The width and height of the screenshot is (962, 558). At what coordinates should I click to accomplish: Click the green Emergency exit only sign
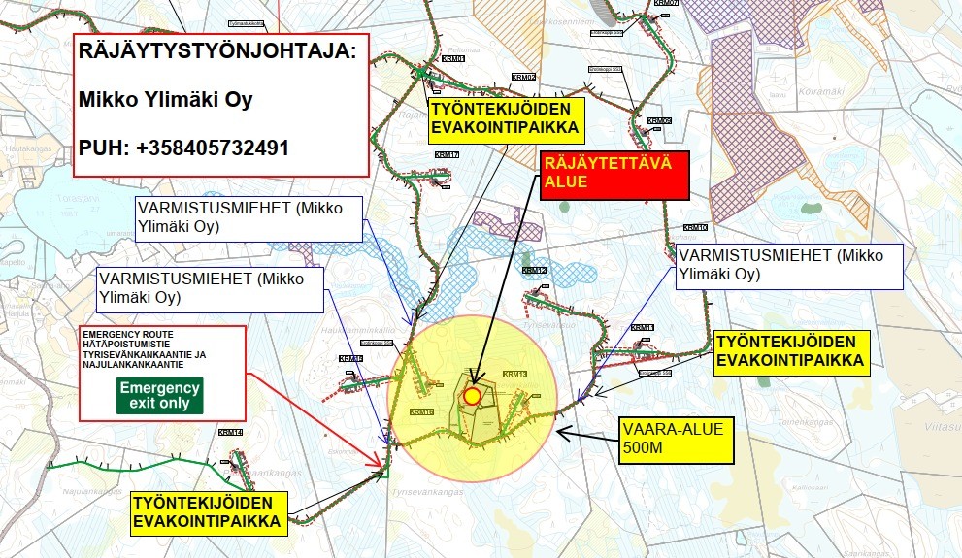coord(160,395)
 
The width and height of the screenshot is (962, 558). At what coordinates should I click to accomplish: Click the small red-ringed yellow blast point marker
coord(472,395)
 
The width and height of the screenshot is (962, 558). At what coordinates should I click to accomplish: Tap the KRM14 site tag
coord(230,432)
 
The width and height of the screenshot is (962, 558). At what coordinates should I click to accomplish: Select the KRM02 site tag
coord(524,77)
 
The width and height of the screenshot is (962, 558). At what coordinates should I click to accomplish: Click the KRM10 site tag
coord(695,227)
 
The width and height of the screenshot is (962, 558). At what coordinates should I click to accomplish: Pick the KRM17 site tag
coord(448,155)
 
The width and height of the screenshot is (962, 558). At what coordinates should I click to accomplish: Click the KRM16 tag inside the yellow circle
coord(421,412)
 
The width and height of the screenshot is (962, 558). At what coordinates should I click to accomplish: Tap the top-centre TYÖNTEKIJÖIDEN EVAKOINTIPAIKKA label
coord(506,117)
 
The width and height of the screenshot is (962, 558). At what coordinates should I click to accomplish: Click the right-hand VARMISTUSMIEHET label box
coord(790,265)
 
